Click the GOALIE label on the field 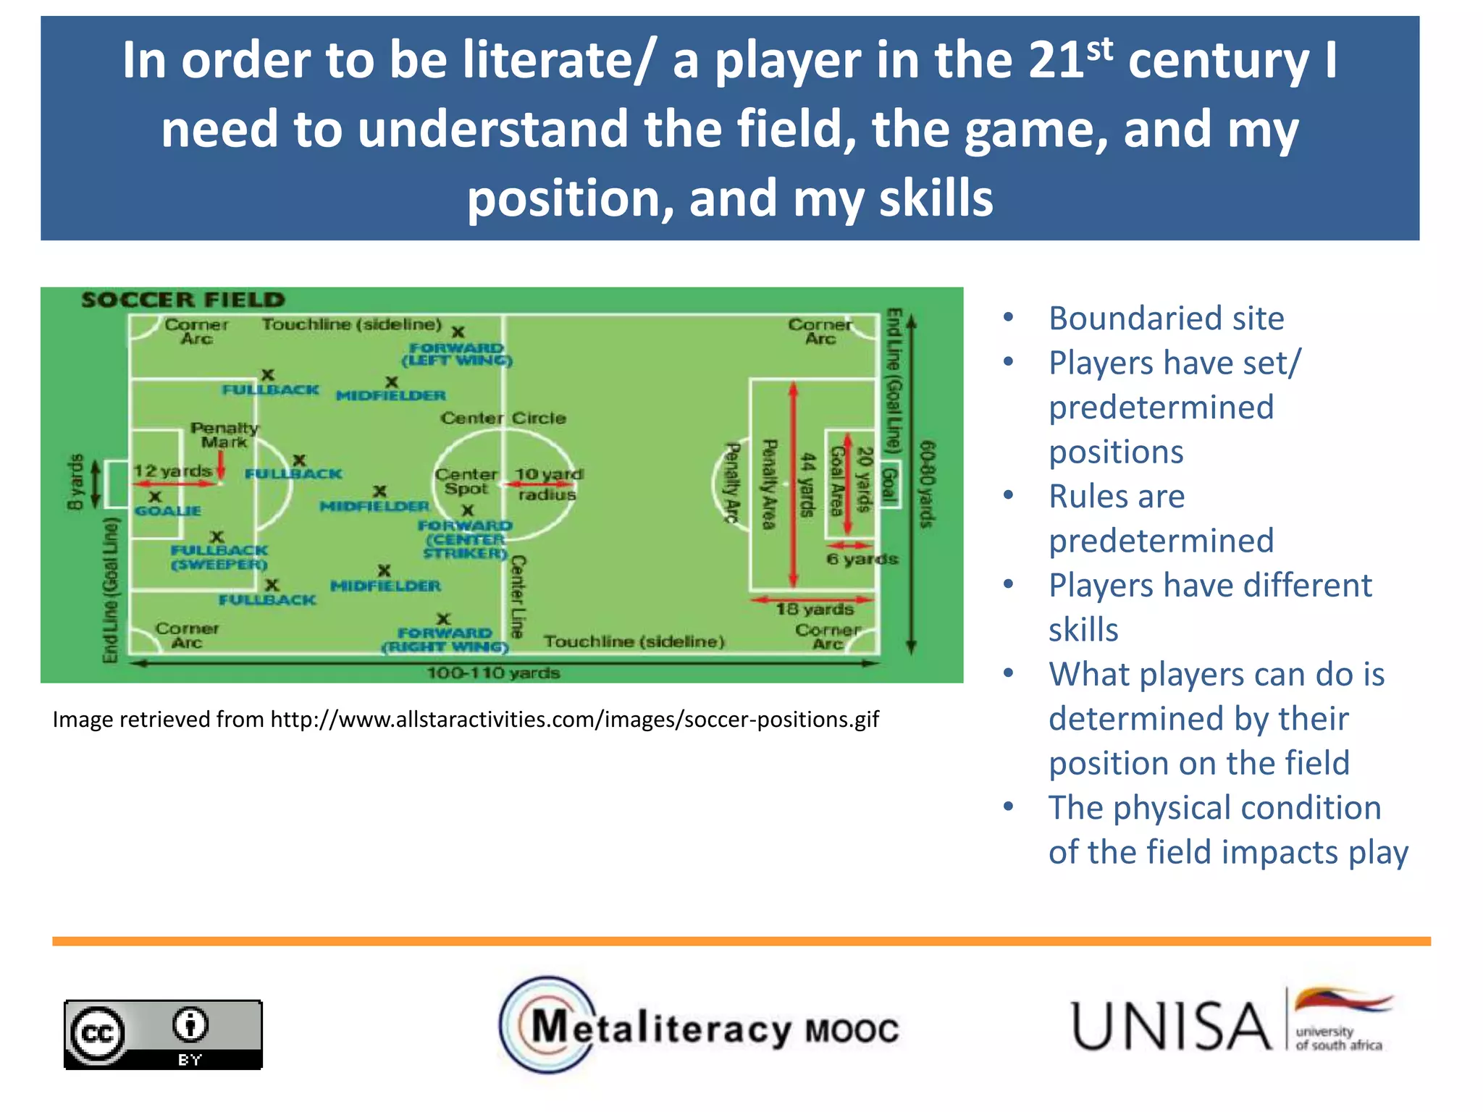click(x=168, y=511)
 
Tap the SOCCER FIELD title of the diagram click(x=183, y=300)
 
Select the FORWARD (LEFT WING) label click(x=457, y=354)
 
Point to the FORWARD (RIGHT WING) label click(x=445, y=640)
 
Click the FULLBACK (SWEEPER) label click(x=219, y=557)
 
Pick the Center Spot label click(x=466, y=481)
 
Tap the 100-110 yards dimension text click(x=493, y=673)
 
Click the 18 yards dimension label click(x=815, y=610)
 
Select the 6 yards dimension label click(x=862, y=559)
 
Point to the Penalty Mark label click(x=224, y=434)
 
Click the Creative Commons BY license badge click(x=163, y=1035)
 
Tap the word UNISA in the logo click(x=1170, y=1027)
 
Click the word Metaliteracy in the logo click(x=661, y=1028)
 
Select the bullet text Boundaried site click(x=1166, y=319)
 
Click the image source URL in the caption click(x=574, y=720)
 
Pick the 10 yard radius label click(x=547, y=484)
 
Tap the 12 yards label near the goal click(x=172, y=471)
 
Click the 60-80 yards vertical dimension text click(x=927, y=484)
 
